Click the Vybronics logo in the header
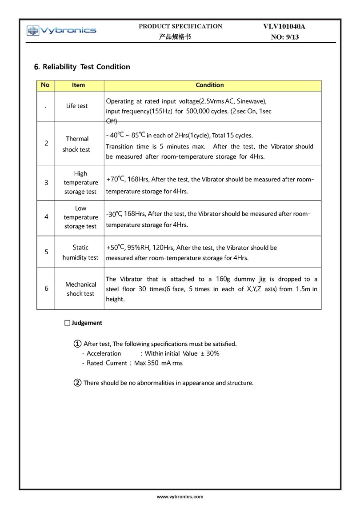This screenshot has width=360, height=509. click(x=61, y=30)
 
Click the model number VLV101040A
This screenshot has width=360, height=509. click(x=284, y=27)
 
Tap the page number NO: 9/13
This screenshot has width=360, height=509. click(x=284, y=37)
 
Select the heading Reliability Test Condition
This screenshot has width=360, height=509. click(x=82, y=67)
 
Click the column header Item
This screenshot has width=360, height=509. click(x=78, y=85)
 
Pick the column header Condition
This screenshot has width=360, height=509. click(x=210, y=85)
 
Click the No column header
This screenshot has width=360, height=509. click(x=45, y=85)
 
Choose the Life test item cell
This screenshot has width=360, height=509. click(x=77, y=106)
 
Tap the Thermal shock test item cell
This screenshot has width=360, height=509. click(x=77, y=144)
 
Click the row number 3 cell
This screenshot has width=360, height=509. click(x=46, y=183)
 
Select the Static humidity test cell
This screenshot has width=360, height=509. click(x=80, y=252)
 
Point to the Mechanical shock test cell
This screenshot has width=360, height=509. click(x=80, y=289)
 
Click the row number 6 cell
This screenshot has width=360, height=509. click(x=46, y=288)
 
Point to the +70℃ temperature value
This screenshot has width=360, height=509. click(x=116, y=180)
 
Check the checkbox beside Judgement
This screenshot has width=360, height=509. click(x=68, y=323)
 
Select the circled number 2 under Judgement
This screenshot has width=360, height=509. click(x=77, y=383)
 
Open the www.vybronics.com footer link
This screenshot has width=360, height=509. click(x=180, y=497)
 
